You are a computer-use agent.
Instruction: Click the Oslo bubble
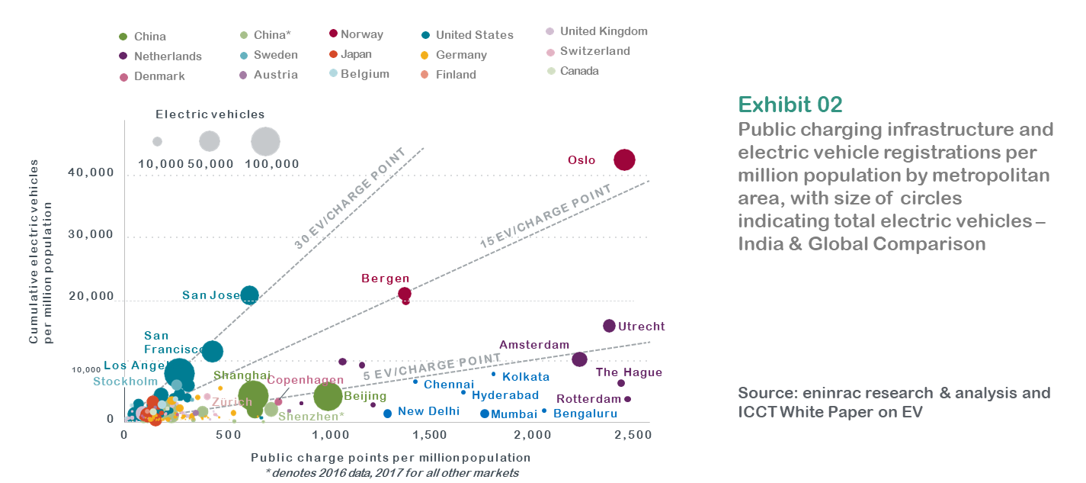pos(625,159)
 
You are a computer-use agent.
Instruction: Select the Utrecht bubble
pos(609,326)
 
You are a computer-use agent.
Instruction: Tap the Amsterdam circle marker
pos(579,359)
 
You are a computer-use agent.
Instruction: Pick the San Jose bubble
pos(249,295)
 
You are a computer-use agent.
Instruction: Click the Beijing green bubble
pos(328,396)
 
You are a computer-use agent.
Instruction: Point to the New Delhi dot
pos(387,414)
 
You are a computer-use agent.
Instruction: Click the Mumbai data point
pos(485,414)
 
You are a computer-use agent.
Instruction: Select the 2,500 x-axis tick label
pos(629,434)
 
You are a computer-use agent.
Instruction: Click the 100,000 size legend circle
pos(265,141)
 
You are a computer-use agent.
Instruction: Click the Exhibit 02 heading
pos(790,104)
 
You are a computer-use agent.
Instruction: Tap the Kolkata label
pos(526,377)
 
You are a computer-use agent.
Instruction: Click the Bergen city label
pos(385,279)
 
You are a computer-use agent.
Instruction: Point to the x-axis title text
pos(390,458)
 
